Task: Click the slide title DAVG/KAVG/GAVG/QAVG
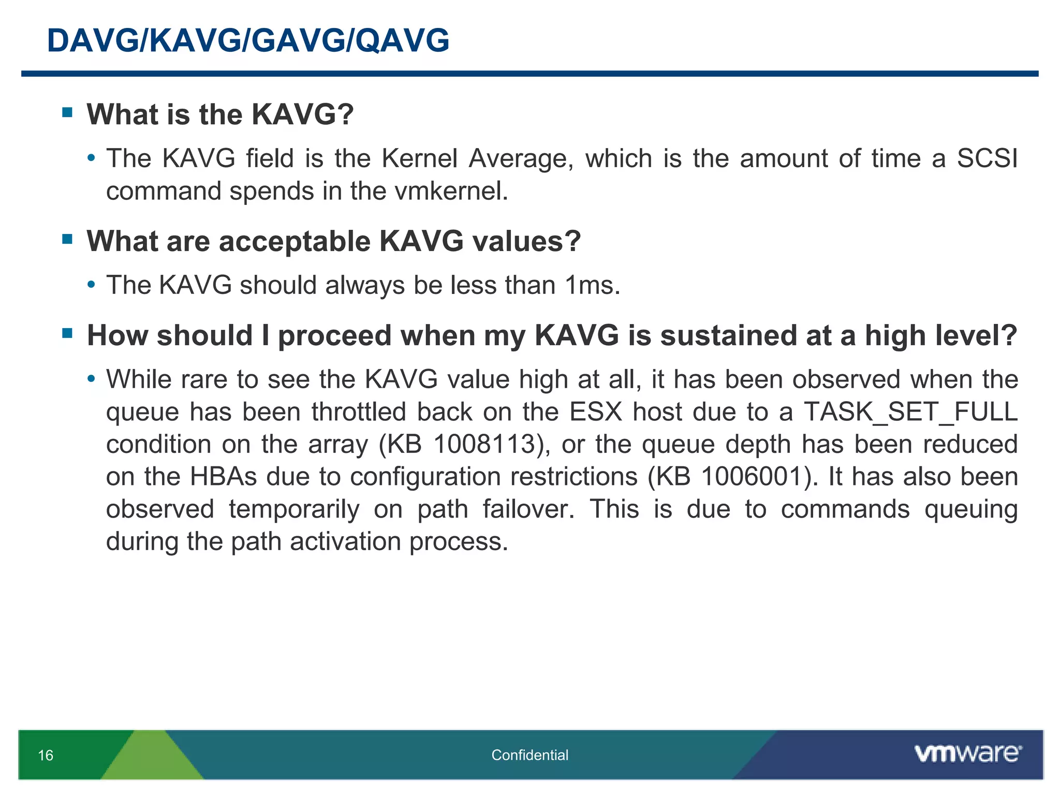pyautogui.click(x=248, y=40)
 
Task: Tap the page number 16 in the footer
pyautogui.click(x=46, y=755)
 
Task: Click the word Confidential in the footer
pyautogui.click(x=529, y=755)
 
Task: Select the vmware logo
pyautogui.click(x=967, y=754)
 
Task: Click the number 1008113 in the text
pyautogui.click(x=484, y=444)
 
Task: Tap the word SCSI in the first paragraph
pyautogui.click(x=987, y=158)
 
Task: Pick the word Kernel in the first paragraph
pyautogui.click(x=419, y=158)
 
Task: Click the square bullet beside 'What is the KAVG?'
pyautogui.click(x=67, y=112)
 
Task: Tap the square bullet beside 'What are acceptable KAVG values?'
pyautogui.click(x=67, y=239)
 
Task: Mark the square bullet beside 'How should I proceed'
pyautogui.click(x=67, y=333)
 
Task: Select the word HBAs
pyautogui.click(x=223, y=476)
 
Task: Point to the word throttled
pyautogui.click(x=359, y=412)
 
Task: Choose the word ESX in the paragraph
pyautogui.click(x=595, y=412)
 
